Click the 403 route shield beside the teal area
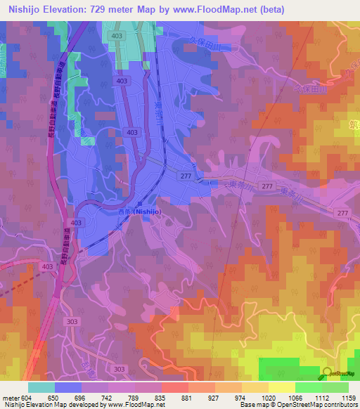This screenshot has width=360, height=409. point(117,35)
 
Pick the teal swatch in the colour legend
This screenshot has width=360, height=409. point(41,387)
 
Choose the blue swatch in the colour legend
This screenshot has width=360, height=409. point(68,387)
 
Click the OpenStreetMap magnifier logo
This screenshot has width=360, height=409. point(326,372)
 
